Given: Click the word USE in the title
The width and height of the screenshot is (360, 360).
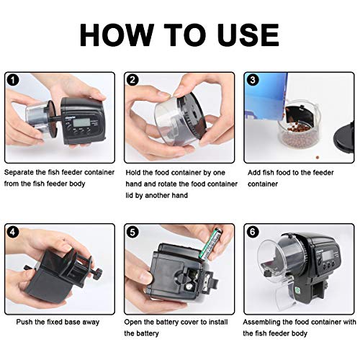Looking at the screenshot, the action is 248,35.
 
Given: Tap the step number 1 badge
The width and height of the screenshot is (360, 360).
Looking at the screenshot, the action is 13,80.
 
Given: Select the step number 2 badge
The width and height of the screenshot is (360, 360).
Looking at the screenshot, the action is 132,80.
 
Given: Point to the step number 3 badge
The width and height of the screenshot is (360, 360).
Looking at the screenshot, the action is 253,80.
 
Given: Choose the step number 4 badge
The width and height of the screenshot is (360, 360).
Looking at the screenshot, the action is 13,232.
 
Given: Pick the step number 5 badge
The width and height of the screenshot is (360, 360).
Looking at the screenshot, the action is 132,232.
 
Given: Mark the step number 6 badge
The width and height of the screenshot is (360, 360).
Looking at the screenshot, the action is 253,232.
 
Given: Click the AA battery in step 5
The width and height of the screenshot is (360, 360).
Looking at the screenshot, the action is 210,244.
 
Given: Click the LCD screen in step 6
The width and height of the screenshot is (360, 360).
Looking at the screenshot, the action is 327,256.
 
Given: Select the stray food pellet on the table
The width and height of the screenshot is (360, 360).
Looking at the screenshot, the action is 318,158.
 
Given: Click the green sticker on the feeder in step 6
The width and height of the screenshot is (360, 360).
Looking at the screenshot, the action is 297,289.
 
